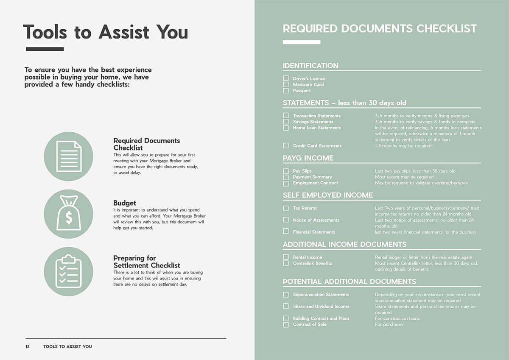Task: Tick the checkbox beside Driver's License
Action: (286, 78)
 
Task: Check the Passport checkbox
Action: (286, 90)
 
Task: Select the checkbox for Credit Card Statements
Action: (286, 145)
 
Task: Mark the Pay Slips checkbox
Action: (286, 171)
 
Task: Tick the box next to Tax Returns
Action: (286, 208)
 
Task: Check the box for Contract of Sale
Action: (286, 324)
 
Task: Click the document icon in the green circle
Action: (69, 156)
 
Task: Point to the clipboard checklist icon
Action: (69, 271)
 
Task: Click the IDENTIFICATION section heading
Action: (310, 66)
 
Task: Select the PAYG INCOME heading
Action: (308, 158)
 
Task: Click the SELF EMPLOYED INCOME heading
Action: (328, 195)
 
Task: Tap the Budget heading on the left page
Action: (125, 203)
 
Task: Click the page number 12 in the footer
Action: (28, 346)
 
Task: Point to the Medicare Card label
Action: (308, 84)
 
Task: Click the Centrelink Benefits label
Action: (312, 263)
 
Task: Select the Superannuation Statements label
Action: (321, 295)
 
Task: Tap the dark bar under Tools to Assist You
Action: (45, 49)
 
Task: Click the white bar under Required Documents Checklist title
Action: (302, 42)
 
